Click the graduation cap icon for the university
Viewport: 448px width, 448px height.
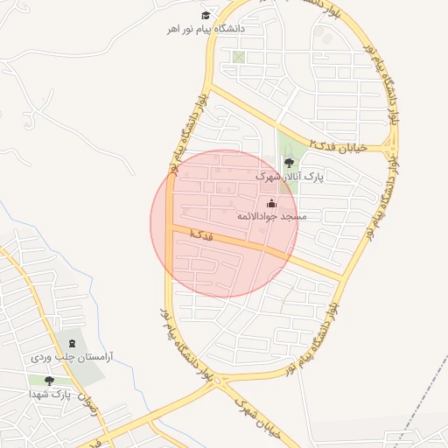(206, 15)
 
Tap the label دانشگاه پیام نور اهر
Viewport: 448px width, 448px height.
(206, 29)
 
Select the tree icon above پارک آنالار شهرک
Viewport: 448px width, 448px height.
(290, 162)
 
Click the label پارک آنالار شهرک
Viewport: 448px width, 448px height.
(290, 176)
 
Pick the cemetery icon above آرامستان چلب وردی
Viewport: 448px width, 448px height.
(72, 343)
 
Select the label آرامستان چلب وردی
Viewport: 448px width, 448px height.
(72, 357)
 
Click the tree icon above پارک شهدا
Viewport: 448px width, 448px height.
(48, 381)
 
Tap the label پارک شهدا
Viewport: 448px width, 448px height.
(53, 395)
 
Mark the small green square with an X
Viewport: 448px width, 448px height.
(239, 57)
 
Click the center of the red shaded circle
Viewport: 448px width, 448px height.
(224, 223)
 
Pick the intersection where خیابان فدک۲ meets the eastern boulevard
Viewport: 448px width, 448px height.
(386, 148)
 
